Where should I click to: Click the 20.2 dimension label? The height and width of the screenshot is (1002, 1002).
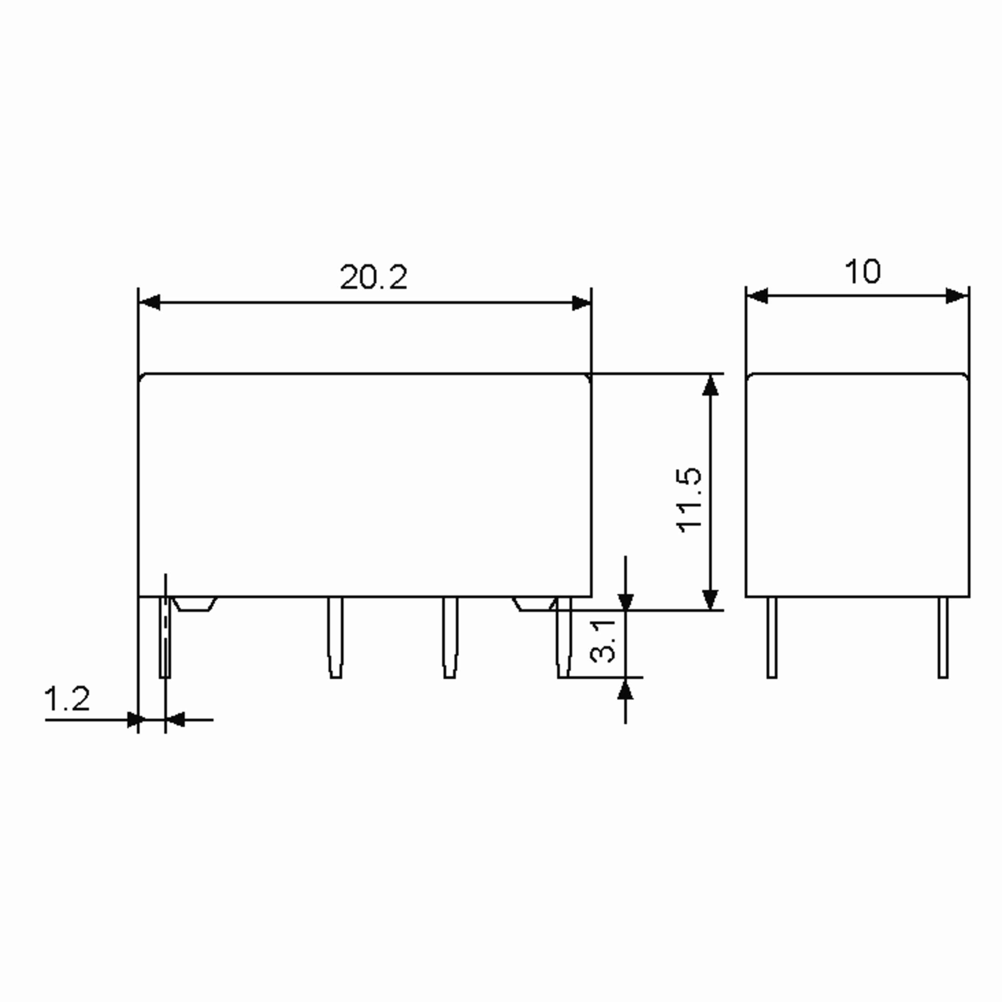[x=373, y=278]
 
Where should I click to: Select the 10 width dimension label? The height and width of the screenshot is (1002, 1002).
[x=863, y=271]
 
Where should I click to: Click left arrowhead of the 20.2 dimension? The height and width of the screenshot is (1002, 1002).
[x=149, y=302]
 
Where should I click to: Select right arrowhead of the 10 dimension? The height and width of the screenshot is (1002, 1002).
[x=957, y=296]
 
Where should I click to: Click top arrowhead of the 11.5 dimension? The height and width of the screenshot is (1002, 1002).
[x=710, y=385]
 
